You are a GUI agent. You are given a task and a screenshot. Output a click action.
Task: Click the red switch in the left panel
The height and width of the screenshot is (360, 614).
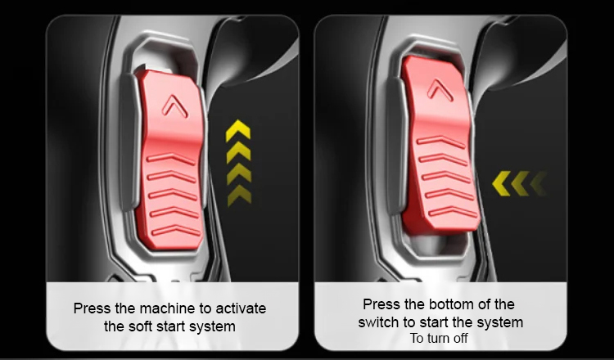pyautogui.click(x=171, y=159)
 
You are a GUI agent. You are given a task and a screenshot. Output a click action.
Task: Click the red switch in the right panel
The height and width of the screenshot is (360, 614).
pyautogui.click(x=440, y=145)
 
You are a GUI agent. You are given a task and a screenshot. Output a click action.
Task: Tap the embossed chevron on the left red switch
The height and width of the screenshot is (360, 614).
pyautogui.click(x=175, y=106)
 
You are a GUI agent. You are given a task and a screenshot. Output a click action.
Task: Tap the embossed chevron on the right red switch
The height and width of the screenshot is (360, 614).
pyautogui.click(x=440, y=90)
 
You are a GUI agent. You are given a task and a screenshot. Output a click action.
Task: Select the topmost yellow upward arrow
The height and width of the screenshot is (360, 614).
pyautogui.click(x=238, y=131)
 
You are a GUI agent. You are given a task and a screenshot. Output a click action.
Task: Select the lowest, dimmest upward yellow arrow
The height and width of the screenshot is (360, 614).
pyautogui.click(x=239, y=196)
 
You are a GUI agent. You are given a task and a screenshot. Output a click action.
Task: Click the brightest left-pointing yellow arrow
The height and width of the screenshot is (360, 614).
pyautogui.click(x=502, y=183)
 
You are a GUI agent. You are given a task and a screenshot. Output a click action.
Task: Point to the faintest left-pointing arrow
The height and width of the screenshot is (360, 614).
pyautogui.click(x=539, y=183)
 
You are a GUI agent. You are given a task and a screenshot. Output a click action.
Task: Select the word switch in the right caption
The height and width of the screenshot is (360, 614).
pyautogui.click(x=379, y=322)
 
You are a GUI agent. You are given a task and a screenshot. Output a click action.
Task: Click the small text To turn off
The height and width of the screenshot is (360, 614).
pyautogui.click(x=439, y=338)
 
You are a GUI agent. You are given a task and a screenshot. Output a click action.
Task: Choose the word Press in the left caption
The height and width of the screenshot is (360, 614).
pyautogui.click(x=93, y=308)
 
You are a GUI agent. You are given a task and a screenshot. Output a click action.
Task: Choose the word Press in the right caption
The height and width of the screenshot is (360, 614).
pyautogui.click(x=381, y=304)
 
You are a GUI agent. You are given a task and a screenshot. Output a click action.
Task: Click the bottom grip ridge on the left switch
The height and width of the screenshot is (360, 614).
pyautogui.click(x=176, y=231)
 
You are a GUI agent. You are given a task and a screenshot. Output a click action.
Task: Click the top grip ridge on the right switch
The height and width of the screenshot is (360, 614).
pyautogui.click(x=440, y=141)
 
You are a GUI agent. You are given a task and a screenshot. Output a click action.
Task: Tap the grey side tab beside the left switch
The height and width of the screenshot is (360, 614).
pyautogui.click(x=129, y=142)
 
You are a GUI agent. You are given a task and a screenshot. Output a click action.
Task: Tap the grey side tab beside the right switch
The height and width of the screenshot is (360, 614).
pyautogui.click(x=396, y=146)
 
